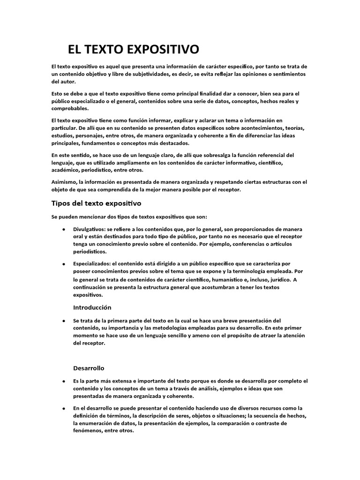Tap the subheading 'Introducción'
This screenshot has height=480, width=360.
(x=92, y=307)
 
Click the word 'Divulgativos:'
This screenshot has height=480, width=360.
(x=89, y=229)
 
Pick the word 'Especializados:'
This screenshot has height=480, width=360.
(x=92, y=264)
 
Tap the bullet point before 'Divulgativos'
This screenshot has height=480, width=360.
(x=63, y=229)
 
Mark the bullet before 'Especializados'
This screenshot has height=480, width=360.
(x=63, y=264)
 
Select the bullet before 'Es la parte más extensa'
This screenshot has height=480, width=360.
(x=63, y=381)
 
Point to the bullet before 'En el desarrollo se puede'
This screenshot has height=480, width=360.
(x=63, y=408)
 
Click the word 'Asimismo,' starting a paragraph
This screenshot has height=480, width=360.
(x=64, y=181)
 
